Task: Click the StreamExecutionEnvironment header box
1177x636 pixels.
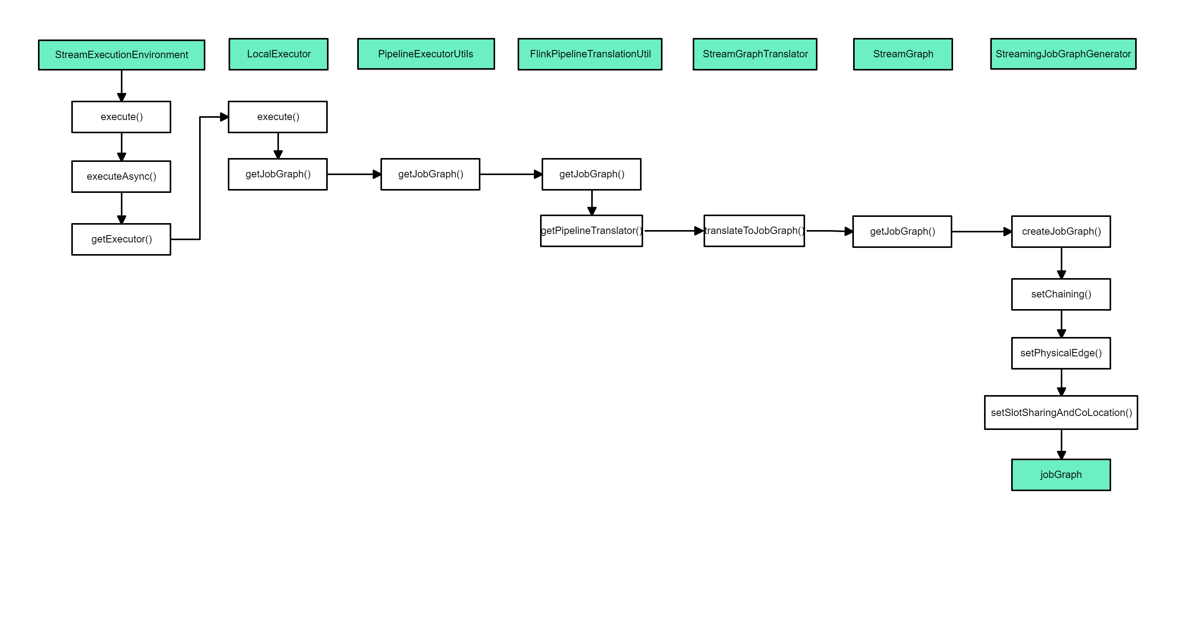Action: click(121, 55)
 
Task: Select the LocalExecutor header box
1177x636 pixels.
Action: click(278, 54)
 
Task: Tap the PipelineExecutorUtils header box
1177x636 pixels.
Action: click(425, 54)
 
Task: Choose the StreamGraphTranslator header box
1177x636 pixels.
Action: click(755, 54)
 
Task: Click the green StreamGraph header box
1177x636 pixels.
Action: click(902, 54)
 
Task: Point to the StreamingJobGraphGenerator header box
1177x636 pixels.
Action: click(1063, 54)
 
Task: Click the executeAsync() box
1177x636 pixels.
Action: click(121, 176)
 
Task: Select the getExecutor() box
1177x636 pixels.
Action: click(121, 239)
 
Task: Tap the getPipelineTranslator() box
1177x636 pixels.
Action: click(591, 231)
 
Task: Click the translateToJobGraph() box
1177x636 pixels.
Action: click(754, 231)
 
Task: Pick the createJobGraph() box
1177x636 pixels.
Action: click(1061, 232)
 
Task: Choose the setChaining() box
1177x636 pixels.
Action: click(1061, 294)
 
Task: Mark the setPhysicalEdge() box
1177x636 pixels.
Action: click(1061, 353)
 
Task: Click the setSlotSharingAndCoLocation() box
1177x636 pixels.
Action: click(1061, 413)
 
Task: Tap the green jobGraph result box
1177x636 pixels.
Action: click(1061, 475)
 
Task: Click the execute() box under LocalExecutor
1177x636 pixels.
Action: click(278, 117)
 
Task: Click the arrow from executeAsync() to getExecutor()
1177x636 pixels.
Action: click(122, 208)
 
